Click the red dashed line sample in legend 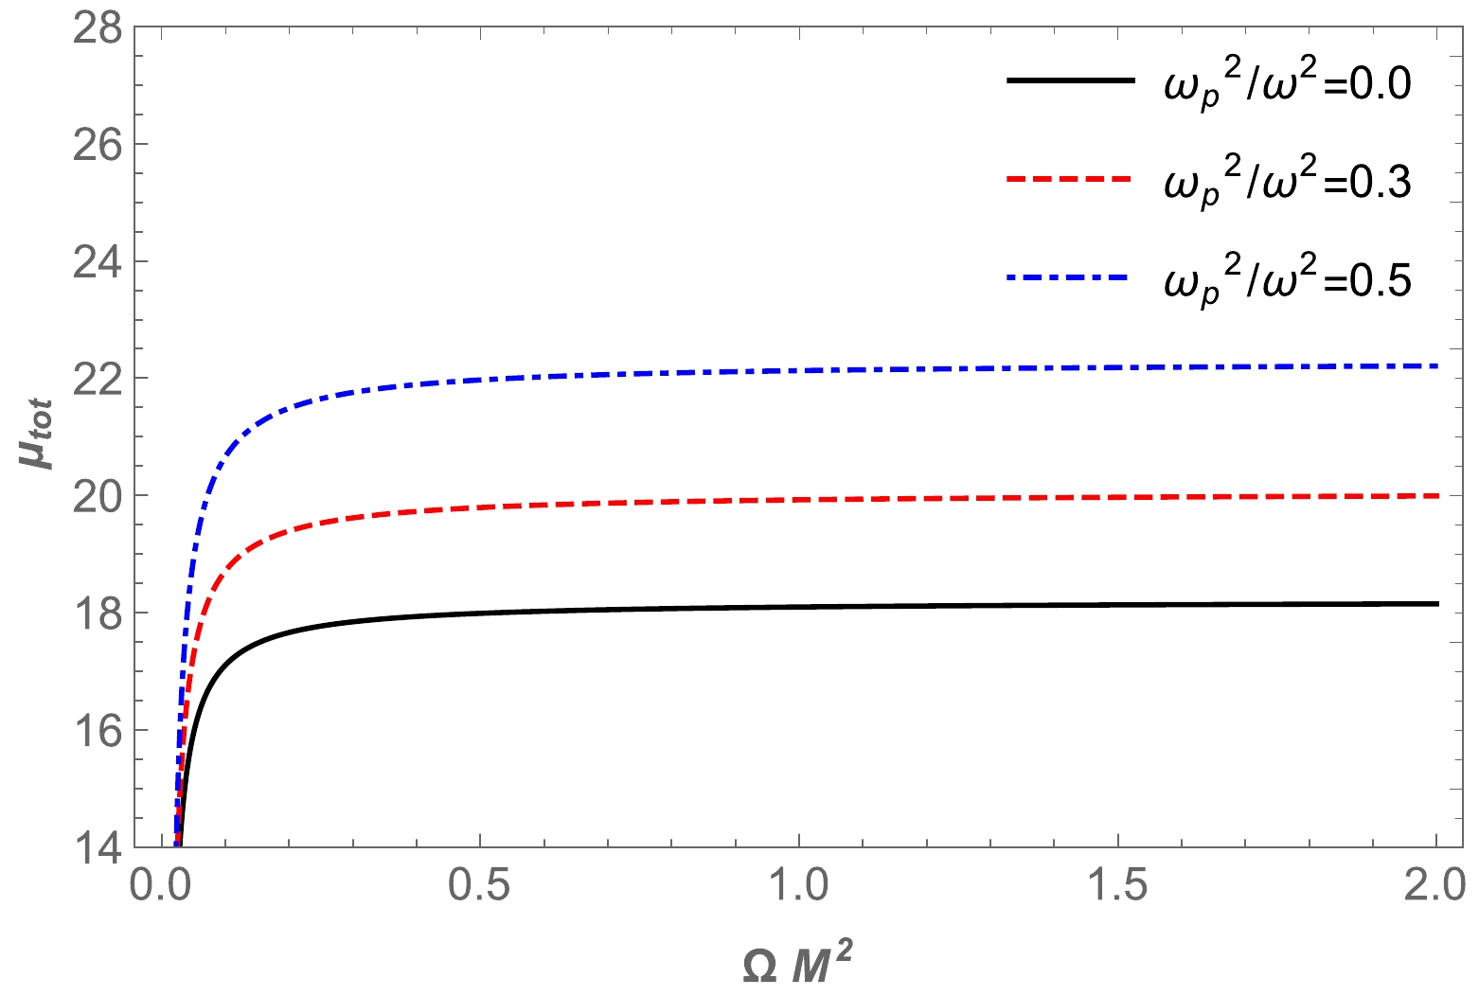pyautogui.click(x=1070, y=179)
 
